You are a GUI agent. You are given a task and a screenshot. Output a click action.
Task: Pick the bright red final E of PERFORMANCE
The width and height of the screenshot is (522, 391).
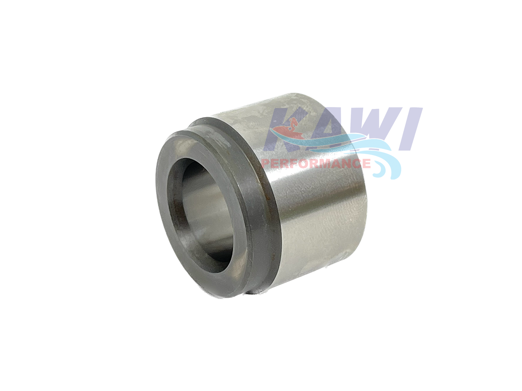366,164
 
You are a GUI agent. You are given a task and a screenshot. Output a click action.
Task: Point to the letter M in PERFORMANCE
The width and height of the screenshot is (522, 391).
325,164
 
